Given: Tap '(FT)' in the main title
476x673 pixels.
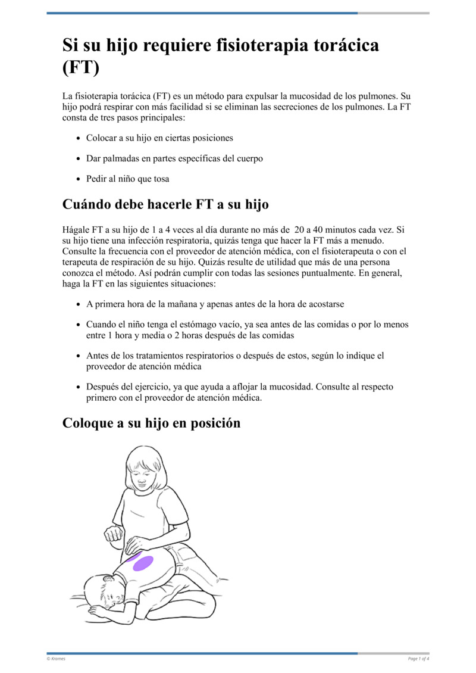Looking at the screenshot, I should pos(80,67).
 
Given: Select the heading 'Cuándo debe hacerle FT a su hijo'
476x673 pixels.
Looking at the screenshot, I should pos(165,204).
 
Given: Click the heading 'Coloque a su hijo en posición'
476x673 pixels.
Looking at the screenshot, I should pos(151,423).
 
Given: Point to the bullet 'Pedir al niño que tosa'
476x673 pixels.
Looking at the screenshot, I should pos(127,179).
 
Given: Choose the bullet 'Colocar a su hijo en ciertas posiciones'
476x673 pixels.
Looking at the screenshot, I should pos(159,138).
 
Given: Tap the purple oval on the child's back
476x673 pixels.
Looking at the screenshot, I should pos(143,563).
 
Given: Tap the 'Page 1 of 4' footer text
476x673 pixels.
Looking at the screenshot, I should pos(418,658).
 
